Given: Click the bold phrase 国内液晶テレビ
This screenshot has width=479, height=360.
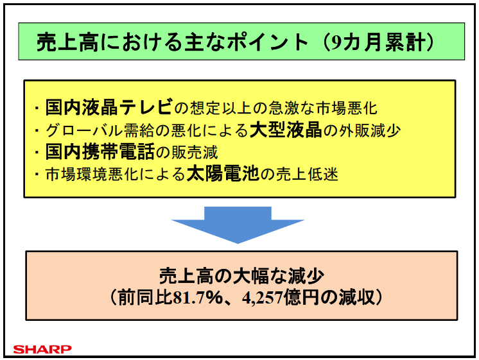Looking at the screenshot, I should click(x=109, y=105).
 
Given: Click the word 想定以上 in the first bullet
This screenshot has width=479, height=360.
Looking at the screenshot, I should click(x=224, y=105).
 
